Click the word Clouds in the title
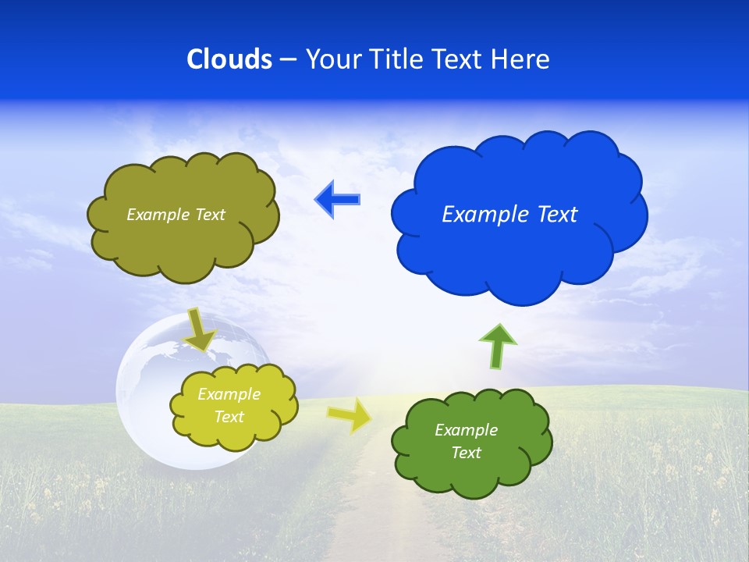click(x=229, y=59)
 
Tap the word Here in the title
click(x=521, y=59)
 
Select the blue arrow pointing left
click(x=337, y=200)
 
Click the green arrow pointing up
click(x=498, y=345)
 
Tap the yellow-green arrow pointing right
click(x=350, y=414)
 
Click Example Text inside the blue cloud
click(x=509, y=215)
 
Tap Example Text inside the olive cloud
click(x=176, y=215)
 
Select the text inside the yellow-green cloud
click(x=229, y=406)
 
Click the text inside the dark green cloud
click(x=466, y=441)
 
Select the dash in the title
click(x=287, y=60)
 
